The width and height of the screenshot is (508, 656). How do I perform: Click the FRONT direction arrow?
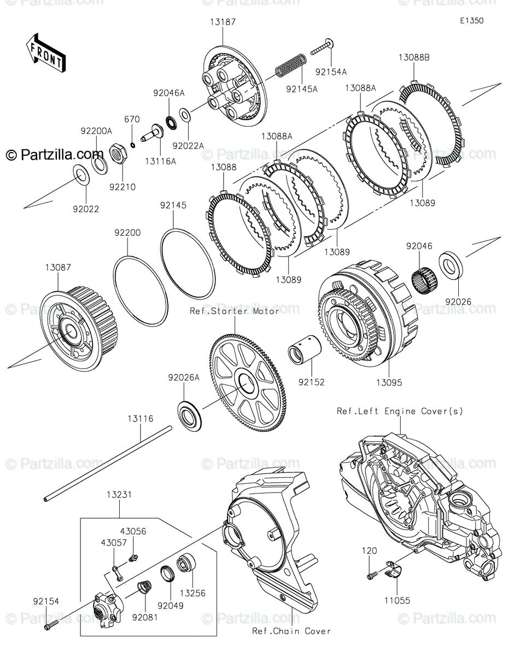click(x=45, y=53)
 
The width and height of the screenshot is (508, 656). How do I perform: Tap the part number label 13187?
click(x=223, y=22)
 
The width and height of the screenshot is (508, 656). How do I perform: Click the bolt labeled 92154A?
click(x=322, y=48)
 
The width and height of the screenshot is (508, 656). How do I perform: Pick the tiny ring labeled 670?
click(x=133, y=145)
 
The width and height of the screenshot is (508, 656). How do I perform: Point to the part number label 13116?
click(x=141, y=419)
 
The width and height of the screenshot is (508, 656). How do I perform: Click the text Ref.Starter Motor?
click(x=234, y=311)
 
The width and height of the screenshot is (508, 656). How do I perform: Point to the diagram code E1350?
click(x=472, y=21)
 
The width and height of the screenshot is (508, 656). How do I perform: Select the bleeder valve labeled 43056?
click(x=133, y=558)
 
